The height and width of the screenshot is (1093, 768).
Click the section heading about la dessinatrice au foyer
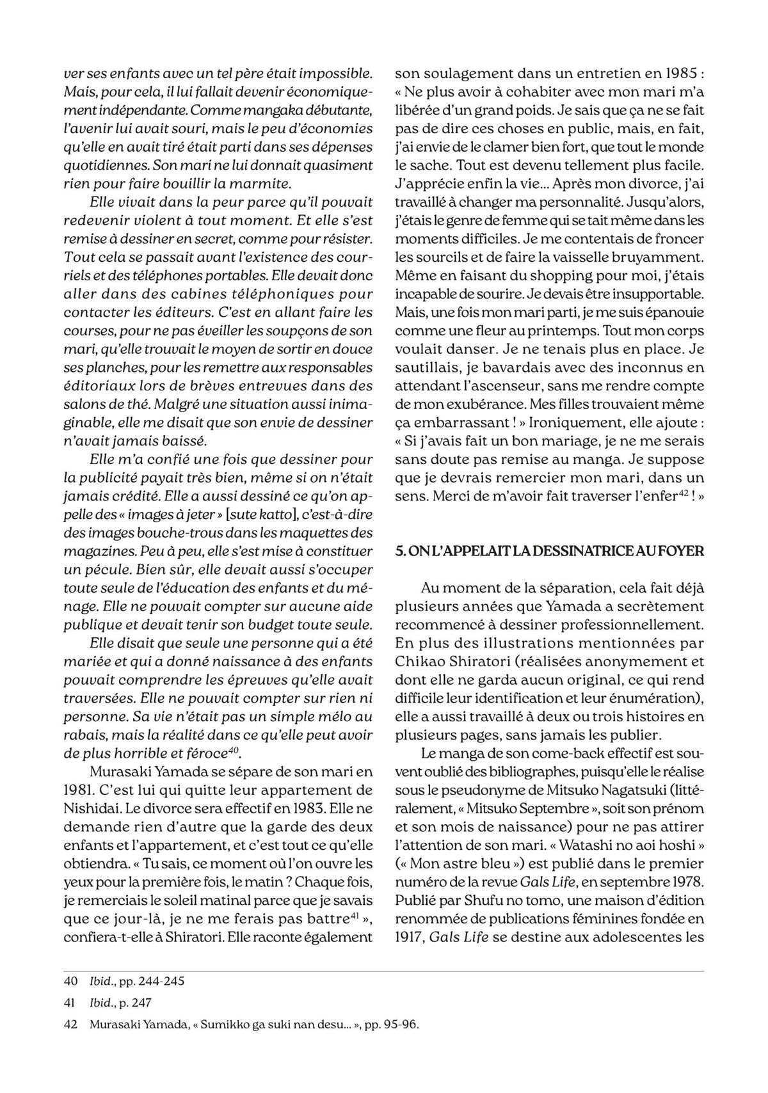point(550,551)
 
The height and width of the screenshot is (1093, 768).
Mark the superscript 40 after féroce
point(234,748)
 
